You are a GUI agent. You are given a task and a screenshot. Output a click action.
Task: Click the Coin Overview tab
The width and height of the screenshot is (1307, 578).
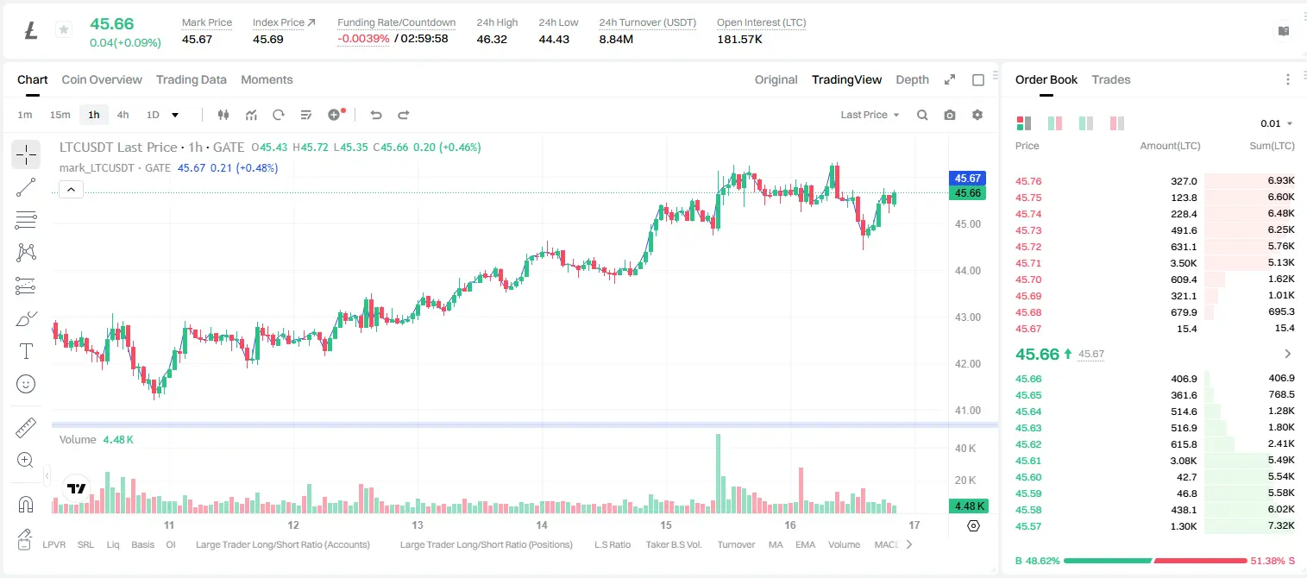pos(102,79)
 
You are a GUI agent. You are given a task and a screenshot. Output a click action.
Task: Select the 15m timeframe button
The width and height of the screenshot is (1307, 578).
pos(60,115)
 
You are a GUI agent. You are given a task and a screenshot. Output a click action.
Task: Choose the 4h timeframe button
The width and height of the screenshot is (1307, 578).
pos(123,115)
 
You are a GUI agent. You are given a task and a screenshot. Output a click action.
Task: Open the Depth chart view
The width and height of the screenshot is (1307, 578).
pos(912,79)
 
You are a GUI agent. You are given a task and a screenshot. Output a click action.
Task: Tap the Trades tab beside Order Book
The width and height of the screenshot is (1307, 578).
pos(1111,79)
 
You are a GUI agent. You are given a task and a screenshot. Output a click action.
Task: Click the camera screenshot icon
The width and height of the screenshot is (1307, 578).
pos(950,115)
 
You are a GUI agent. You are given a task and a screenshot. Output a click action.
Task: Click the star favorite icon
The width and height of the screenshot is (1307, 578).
pos(64,29)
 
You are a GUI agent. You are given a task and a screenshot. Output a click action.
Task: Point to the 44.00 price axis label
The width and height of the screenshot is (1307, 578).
pos(967,271)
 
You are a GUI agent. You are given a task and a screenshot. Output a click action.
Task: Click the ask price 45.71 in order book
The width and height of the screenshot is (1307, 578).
pos(1028,263)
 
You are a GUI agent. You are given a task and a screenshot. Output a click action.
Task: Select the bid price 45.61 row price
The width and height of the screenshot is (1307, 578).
pos(1028,461)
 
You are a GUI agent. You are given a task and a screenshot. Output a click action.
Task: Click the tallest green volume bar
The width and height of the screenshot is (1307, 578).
pos(719,474)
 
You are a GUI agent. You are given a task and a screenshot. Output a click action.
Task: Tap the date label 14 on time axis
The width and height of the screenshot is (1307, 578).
pos(542,525)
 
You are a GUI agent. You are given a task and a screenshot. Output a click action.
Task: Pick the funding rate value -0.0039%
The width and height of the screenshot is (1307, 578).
pos(363,39)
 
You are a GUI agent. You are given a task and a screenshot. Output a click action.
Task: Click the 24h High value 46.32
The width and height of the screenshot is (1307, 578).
pos(492,39)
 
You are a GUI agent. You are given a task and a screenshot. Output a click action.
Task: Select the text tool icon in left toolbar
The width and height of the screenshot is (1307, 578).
pos(26,351)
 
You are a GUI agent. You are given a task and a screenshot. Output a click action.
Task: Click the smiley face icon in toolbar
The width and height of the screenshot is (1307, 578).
pos(26,384)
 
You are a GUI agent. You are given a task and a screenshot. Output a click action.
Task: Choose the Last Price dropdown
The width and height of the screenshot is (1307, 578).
pos(870,115)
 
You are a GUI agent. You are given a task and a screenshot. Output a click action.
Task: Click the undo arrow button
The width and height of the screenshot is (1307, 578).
pos(376,115)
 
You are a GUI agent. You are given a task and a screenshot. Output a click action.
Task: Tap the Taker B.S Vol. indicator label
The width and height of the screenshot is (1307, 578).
pos(673,544)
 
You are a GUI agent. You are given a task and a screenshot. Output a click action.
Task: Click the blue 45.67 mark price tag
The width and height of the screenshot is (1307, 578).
pos(967,178)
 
